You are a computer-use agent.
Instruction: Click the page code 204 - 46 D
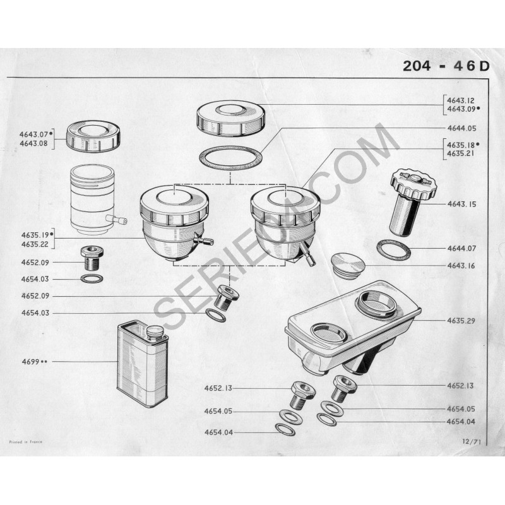point(446,66)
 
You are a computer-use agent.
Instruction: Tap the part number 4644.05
point(461,128)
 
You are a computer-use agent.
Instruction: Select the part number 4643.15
point(461,204)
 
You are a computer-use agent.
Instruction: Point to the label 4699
point(30,362)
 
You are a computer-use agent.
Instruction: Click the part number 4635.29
point(461,321)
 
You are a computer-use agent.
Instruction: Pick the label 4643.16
point(461,266)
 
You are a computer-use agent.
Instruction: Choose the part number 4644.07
point(461,248)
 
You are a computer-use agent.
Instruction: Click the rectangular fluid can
point(142,364)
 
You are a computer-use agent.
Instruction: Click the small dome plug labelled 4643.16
point(348,264)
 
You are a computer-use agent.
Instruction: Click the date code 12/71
point(471,442)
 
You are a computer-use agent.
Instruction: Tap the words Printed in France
point(25,442)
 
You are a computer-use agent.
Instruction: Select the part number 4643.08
point(33,144)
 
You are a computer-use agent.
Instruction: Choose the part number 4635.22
point(35,244)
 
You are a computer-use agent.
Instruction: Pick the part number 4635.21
point(461,153)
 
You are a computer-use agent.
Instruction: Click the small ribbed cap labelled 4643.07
point(93,136)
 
